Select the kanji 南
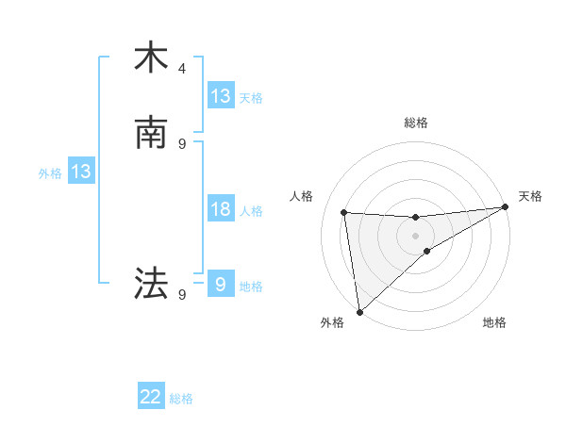pos(151,133)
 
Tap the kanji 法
pos(151,282)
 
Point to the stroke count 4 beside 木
pos(182,69)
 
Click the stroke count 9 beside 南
pos(182,143)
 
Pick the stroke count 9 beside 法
pos(182,294)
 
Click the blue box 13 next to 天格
pos(221,96)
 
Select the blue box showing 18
pos(221,209)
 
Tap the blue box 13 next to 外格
pos(80,172)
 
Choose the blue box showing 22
pos(151,397)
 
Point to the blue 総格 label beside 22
pos(181,399)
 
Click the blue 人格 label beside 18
pos(251,211)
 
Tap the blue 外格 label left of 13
pos(49,173)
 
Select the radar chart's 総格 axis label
pos(415,123)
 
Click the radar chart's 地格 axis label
pos(494,322)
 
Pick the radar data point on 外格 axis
pos(358,312)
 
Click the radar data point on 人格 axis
pos(344,212)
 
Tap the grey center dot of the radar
pos(415,236)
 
